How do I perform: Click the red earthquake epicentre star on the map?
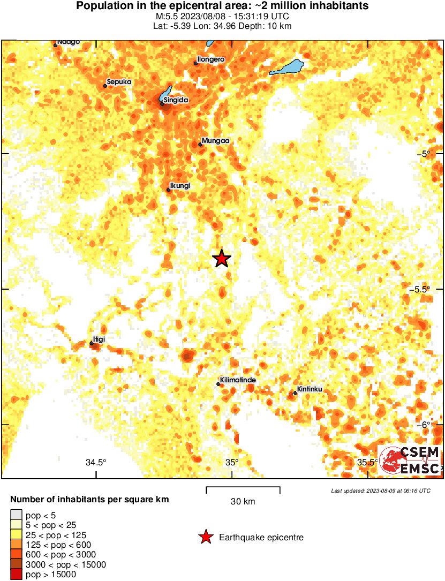(x=221, y=259)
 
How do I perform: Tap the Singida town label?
(x=177, y=100)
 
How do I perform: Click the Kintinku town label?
(x=310, y=389)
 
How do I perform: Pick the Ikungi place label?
(x=180, y=186)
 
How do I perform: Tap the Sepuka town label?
(x=119, y=82)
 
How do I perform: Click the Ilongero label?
(x=210, y=59)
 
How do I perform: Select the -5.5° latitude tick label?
(x=420, y=289)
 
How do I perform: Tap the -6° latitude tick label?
(x=423, y=425)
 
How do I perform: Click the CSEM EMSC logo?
(x=410, y=459)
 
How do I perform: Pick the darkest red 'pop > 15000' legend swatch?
(x=16, y=575)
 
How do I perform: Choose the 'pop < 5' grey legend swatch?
(x=16, y=516)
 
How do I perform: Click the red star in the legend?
(x=205, y=537)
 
